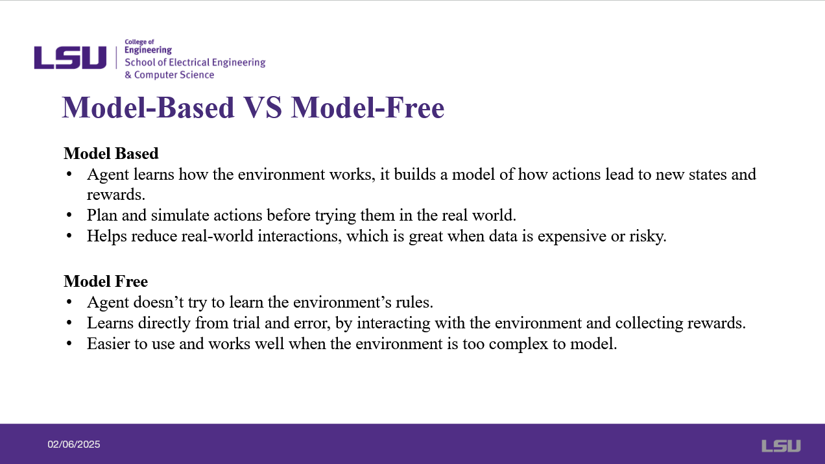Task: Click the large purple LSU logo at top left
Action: tap(70, 58)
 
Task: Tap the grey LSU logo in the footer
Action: tap(781, 446)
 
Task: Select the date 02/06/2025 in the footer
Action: tap(74, 445)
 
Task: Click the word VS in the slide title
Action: tap(263, 108)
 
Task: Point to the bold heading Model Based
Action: tap(111, 153)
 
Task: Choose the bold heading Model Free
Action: tap(106, 281)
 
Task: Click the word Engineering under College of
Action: tap(148, 50)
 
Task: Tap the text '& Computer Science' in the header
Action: tap(169, 75)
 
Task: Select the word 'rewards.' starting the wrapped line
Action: tap(116, 195)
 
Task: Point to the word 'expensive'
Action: tap(572, 236)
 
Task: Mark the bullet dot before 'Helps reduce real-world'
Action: tap(69, 236)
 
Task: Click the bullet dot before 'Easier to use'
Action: tap(69, 343)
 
